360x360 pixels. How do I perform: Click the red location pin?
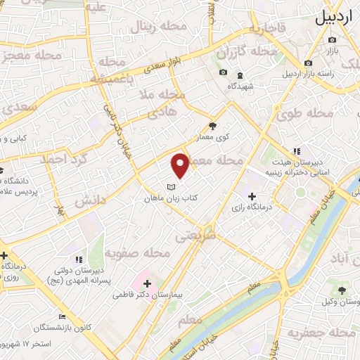click(181, 165)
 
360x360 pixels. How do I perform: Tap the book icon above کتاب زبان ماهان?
click(171, 187)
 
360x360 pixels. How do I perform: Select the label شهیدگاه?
click(240, 86)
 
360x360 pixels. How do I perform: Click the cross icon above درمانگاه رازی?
click(252, 195)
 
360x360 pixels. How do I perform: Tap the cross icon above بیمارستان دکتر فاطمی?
click(147, 282)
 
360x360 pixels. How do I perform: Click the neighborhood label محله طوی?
click(310, 113)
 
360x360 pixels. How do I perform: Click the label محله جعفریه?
click(330, 333)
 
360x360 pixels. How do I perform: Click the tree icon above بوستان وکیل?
click(342, 290)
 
